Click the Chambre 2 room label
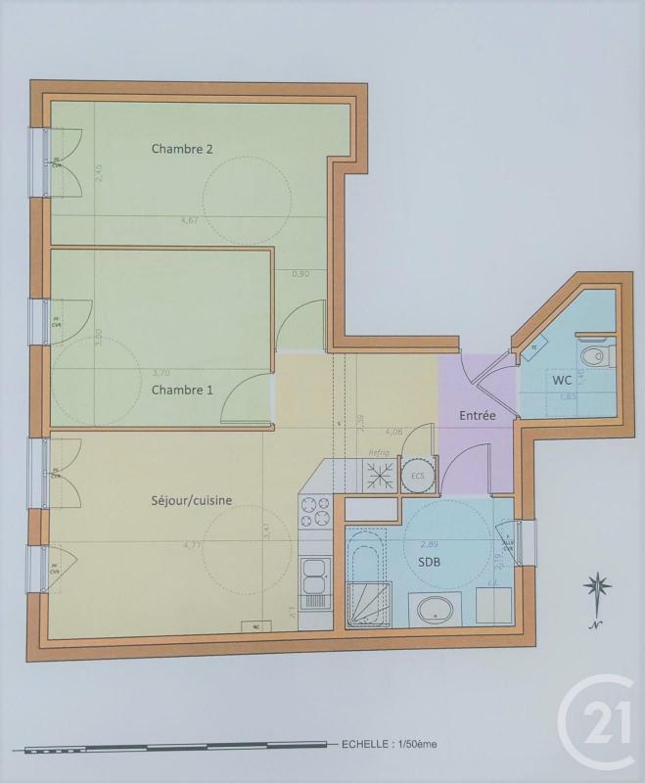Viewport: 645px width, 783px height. click(182, 149)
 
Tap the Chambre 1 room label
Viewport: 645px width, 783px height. click(181, 389)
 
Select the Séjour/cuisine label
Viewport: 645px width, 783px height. click(192, 500)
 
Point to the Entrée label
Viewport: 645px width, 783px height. click(478, 415)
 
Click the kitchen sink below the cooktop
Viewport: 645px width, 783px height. click(314, 576)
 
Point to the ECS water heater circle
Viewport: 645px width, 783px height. click(418, 476)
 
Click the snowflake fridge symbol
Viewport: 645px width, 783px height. click(379, 475)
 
